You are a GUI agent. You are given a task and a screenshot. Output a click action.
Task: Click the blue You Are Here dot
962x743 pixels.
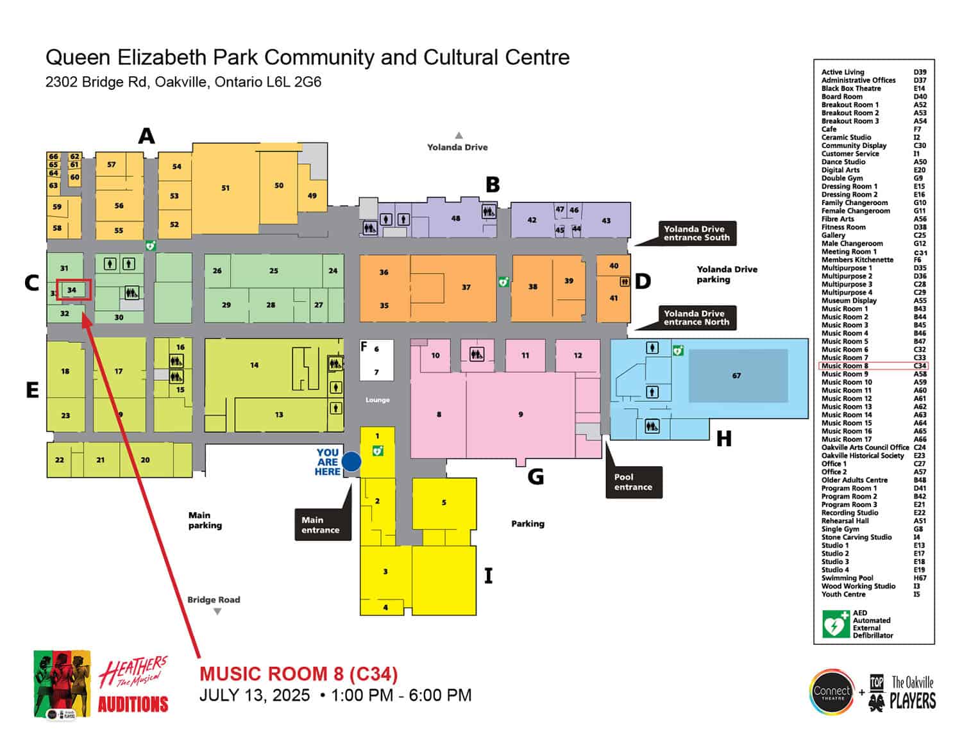(x=351, y=462)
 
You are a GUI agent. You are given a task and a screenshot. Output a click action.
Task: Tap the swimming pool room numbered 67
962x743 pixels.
(x=738, y=376)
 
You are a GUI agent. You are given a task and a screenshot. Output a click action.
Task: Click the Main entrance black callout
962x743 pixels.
(x=321, y=525)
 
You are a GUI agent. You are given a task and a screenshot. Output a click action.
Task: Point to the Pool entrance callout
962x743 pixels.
(x=633, y=482)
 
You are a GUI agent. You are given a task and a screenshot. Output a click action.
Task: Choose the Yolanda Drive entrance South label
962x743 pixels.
(x=696, y=233)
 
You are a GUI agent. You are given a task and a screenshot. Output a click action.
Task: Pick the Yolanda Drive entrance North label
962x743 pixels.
(x=696, y=318)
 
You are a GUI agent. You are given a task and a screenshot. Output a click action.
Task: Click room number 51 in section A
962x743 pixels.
(x=225, y=188)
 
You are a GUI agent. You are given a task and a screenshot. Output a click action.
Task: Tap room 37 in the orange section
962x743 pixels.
(x=466, y=287)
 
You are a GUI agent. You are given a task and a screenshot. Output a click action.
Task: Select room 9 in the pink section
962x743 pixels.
(x=521, y=414)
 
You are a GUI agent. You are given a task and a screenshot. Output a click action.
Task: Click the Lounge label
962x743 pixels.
(x=378, y=400)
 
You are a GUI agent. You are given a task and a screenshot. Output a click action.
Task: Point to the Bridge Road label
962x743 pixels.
(x=214, y=600)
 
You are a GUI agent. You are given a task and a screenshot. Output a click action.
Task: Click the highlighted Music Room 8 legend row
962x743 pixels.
(x=873, y=366)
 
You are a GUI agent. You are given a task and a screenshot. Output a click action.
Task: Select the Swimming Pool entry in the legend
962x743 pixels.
(x=847, y=578)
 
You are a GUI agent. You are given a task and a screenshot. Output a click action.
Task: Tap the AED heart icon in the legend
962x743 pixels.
(x=836, y=624)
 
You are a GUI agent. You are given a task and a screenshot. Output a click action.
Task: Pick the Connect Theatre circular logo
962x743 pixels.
(x=832, y=692)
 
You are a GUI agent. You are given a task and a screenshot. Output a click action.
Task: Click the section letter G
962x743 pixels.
(x=536, y=476)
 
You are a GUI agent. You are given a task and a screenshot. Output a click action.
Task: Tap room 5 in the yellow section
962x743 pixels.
(x=444, y=503)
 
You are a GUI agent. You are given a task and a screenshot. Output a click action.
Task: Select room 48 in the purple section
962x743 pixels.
(x=455, y=219)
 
